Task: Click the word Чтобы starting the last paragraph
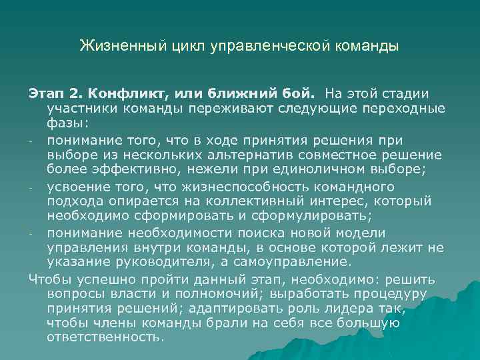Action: (49, 279)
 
